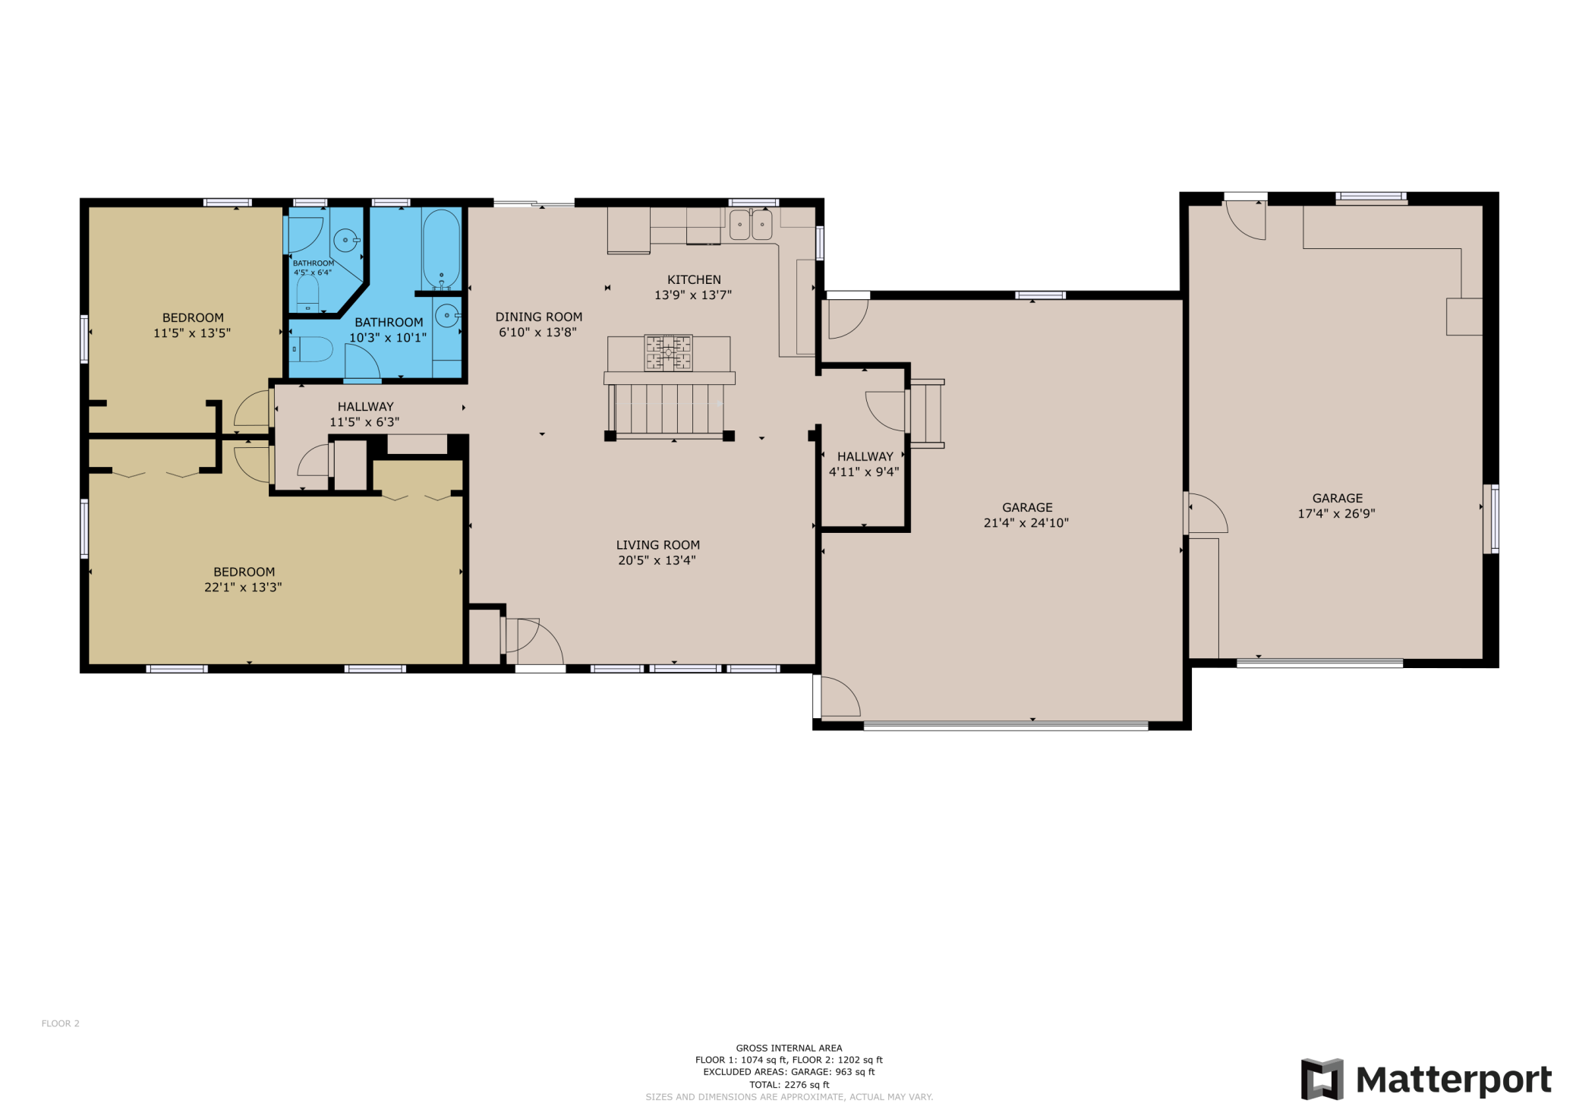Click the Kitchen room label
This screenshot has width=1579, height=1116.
click(693, 288)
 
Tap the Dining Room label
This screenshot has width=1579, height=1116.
click(539, 324)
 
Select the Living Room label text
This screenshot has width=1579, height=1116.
click(657, 553)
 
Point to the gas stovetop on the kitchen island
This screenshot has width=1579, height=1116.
click(668, 352)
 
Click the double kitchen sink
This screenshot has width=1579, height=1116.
click(751, 225)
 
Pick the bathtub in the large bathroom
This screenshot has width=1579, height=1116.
click(441, 249)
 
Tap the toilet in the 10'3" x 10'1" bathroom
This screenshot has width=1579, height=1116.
click(311, 349)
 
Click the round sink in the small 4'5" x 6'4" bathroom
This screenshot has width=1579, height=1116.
click(346, 240)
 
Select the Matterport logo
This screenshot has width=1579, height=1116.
click(1426, 1079)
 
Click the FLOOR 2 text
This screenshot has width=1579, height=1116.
click(61, 1023)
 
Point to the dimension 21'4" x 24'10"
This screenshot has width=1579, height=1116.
click(1026, 522)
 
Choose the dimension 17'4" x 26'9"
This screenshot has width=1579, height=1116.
click(1336, 513)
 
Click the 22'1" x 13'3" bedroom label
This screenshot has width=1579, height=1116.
click(243, 579)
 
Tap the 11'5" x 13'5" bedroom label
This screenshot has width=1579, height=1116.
click(192, 325)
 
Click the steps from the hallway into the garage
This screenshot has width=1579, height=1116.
click(926, 414)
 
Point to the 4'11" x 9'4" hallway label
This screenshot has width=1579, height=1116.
click(864, 464)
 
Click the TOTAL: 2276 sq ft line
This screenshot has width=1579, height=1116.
click(789, 1085)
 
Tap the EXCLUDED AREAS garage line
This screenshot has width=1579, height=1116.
click(789, 1072)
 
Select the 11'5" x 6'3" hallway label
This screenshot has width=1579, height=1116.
click(365, 414)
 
